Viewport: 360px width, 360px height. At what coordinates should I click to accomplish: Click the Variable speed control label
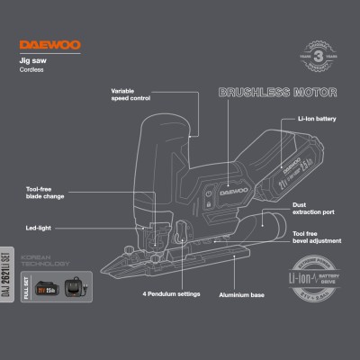[x=130, y=95]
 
